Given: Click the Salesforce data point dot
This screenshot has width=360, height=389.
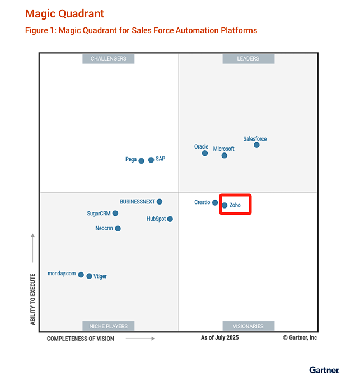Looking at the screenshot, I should tap(256, 145).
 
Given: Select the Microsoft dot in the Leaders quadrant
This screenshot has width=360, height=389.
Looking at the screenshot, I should tap(225, 156).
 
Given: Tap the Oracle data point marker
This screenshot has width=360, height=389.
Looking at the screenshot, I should tap(205, 153).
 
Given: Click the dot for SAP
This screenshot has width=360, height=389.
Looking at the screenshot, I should tap(151, 160).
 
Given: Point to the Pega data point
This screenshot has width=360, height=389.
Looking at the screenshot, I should tap(141, 161).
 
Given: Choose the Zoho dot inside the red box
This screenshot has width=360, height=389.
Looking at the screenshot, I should tap(225, 205).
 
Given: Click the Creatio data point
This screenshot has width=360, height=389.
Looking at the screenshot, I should tap(215, 203).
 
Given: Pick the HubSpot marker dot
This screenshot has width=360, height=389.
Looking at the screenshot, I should tap(170, 219).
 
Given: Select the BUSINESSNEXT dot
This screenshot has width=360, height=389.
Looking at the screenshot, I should tap(160, 202).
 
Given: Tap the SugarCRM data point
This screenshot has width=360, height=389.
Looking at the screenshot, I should tap(115, 214).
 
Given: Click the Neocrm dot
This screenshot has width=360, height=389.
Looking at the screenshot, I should tap(118, 229).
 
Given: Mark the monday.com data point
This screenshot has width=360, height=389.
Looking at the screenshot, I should tap(81, 275).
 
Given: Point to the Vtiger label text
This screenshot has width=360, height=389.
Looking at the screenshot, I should tap(100, 276).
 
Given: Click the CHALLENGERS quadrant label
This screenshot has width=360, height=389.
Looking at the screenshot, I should tap(109, 58).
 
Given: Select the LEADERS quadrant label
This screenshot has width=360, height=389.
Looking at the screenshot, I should tap(248, 58).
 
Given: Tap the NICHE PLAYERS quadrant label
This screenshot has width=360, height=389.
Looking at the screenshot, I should tap(109, 326).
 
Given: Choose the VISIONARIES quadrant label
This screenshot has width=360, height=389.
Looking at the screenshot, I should tap(248, 326).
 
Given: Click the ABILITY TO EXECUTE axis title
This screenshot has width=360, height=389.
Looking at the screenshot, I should tap(33, 299).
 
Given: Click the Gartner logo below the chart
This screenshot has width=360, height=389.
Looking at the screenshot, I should tap(324, 370).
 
